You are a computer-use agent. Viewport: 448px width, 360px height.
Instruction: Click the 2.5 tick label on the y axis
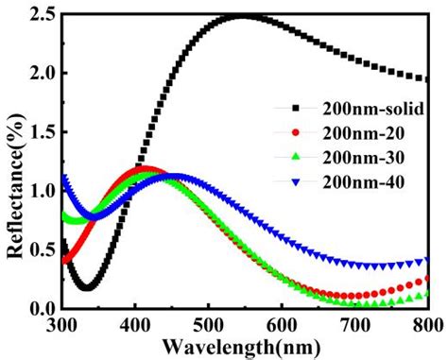[x=43, y=14]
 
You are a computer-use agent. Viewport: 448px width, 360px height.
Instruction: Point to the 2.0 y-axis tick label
[x=43, y=73]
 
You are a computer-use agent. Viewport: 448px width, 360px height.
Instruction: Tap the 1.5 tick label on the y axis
[x=43, y=132]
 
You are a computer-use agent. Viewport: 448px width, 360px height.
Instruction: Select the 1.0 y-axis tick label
[x=43, y=191]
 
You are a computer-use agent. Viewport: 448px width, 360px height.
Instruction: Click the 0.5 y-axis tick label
[x=43, y=249]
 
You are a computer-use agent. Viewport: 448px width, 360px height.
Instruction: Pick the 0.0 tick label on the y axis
[x=43, y=308]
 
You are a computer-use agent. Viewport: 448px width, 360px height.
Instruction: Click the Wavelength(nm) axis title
[x=242, y=348]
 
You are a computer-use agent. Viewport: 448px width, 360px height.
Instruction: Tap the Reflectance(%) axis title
[x=15, y=186]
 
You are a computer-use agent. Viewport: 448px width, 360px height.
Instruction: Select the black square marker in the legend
[x=296, y=109]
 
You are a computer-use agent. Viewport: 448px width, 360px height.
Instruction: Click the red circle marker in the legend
[x=296, y=133]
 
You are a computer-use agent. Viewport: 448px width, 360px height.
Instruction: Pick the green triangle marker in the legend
[x=296, y=157]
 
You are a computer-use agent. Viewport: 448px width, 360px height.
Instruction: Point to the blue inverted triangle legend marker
[x=296, y=181]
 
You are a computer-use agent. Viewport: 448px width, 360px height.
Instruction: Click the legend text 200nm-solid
[x=373, y=109]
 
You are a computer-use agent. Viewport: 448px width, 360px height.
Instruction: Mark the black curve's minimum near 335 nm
[x=87, y=287]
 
